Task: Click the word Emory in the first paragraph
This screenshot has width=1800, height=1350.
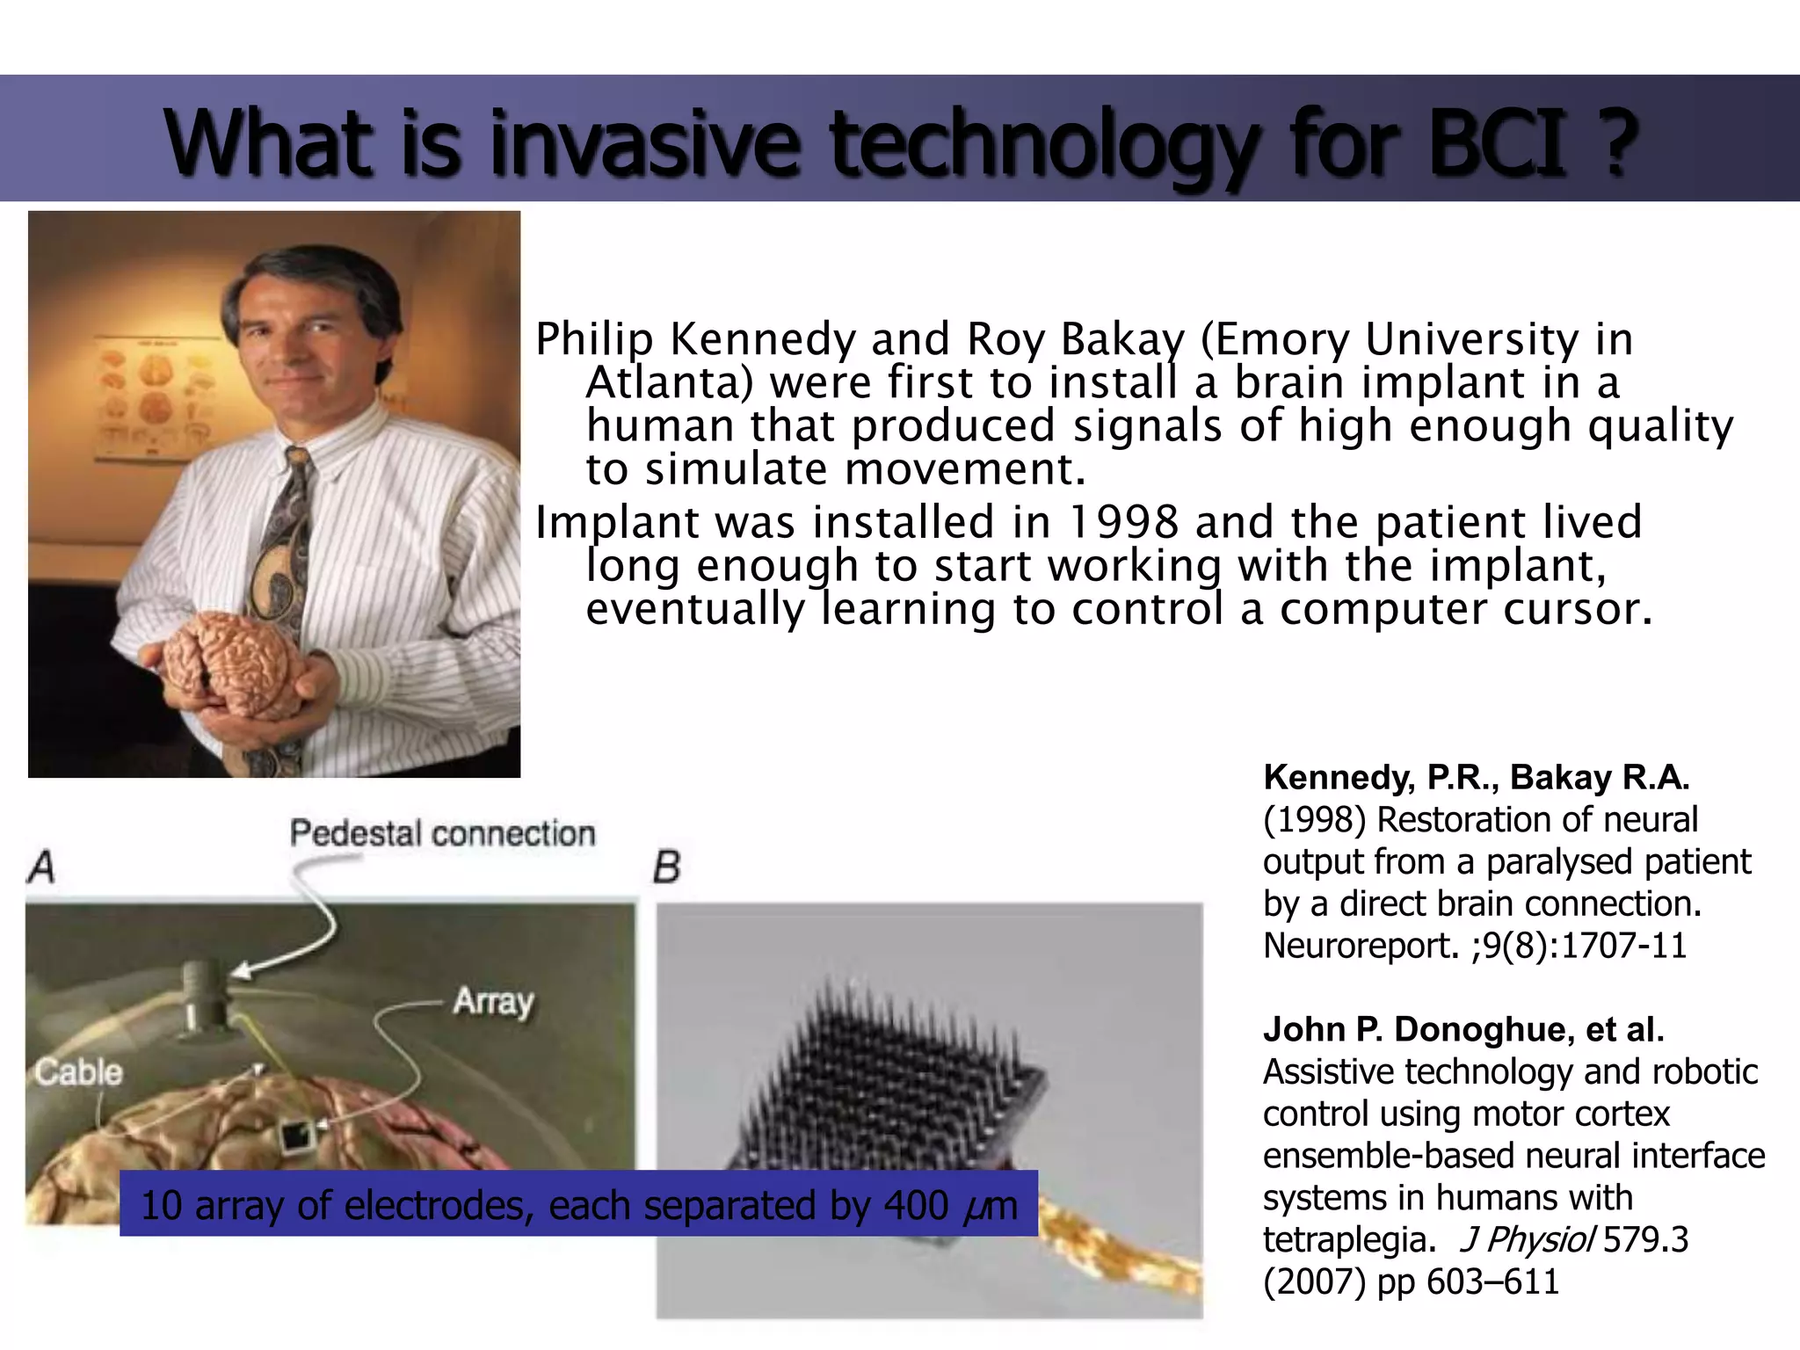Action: click(x=1282, y=339)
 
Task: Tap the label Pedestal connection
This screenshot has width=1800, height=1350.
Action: click(x=442, y=833)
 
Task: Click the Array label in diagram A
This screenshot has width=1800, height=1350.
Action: click(x=493, y=1001)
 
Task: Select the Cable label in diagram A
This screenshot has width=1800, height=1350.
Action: click(x=78, y=1071)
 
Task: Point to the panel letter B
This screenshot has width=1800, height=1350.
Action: click(x=667, y=867)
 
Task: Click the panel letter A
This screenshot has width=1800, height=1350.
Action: click(x=41, y=867)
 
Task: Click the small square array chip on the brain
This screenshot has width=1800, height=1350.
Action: click(x=296, y=1138)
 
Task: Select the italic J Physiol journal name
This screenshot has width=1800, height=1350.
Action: click(x=1526, y=1239)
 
